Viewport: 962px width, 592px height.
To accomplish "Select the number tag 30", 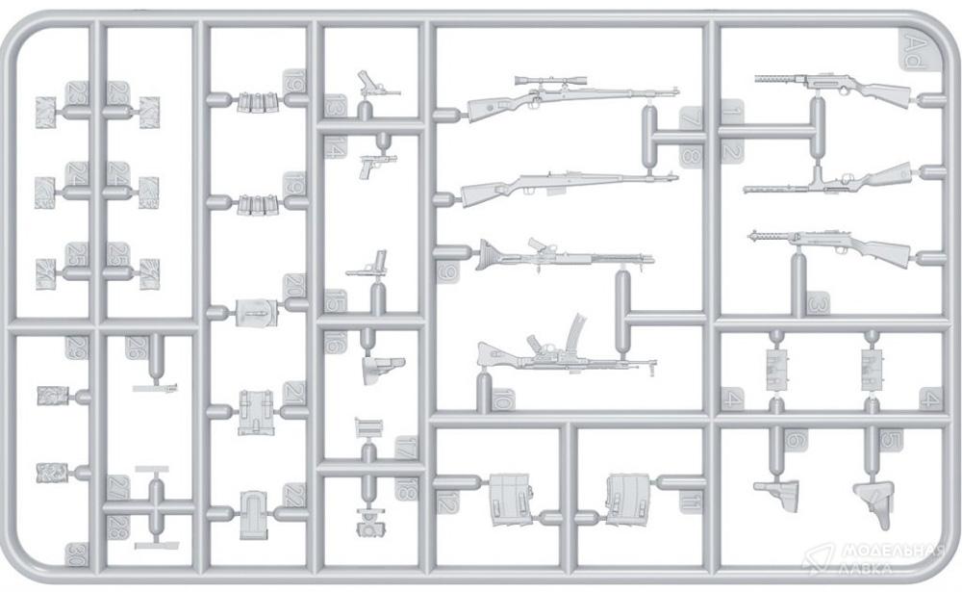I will (x=75, y=553).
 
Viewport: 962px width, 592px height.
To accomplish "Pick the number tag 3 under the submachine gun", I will (x=819, y=303).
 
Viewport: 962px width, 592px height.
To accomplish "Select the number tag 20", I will (x=291, y=288).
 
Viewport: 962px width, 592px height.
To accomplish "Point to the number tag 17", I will (x=406, y=449).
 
